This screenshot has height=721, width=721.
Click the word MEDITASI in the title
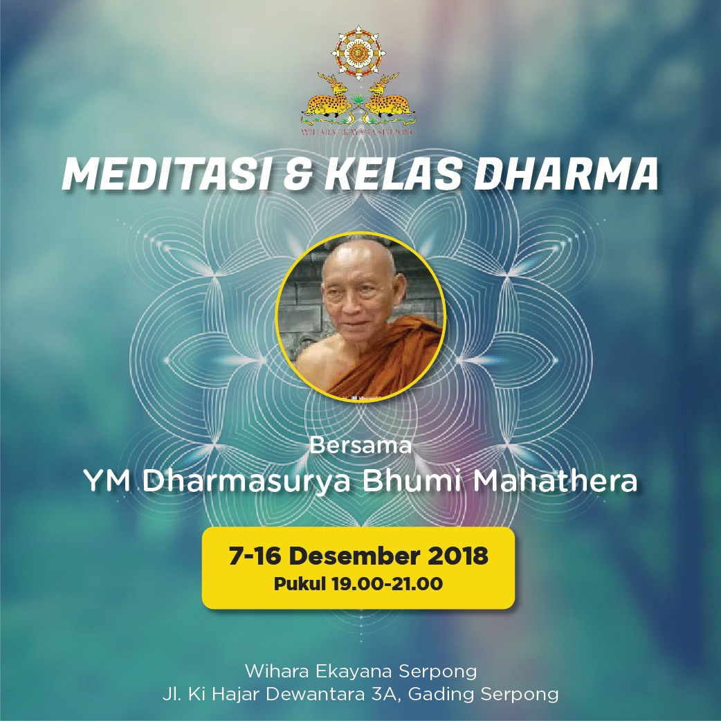pos(167,174)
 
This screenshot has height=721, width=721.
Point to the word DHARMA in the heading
pos(566,174)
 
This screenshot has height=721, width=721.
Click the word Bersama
pos(360,445)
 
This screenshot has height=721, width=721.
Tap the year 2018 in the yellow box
pos(457,556)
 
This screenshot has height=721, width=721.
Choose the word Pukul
pos(300,584)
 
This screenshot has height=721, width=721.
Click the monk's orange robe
pos(386,358)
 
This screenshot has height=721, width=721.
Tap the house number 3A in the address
pos(383,694)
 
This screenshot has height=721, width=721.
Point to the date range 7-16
pos(255,556)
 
